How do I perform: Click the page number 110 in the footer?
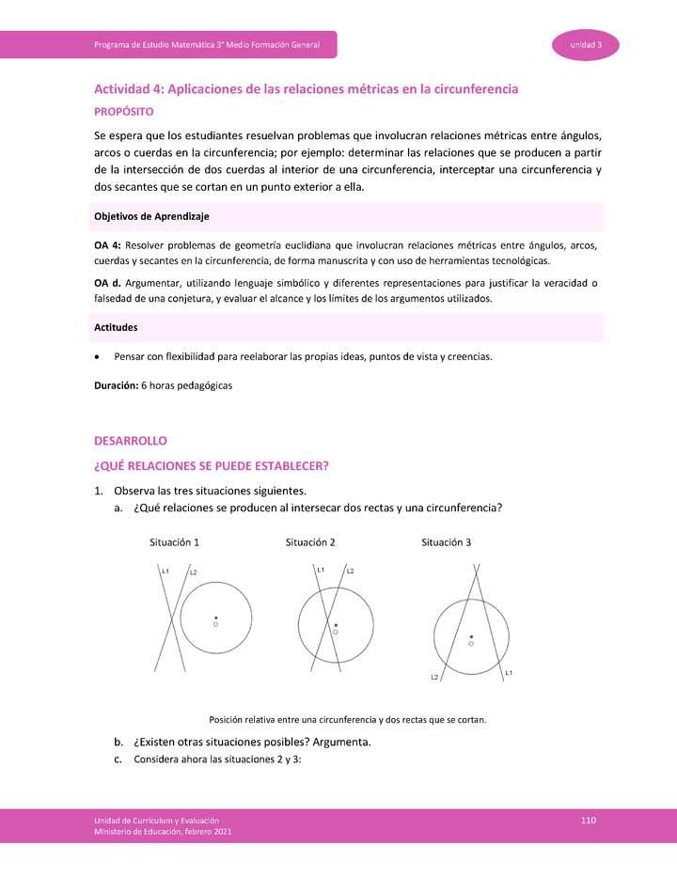(589, 821)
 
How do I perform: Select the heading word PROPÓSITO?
(124, 111)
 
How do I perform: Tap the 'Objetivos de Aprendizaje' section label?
(151, 216)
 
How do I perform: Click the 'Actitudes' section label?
(117, 327)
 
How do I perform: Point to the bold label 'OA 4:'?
(108, 245)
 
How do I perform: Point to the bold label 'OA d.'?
(108, 283)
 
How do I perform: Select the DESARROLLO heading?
(130, 440)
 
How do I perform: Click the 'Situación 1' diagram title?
(174, 542)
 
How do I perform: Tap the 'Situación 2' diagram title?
(310, 542)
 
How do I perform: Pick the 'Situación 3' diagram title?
(447, 542)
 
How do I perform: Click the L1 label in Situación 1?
(165, 571)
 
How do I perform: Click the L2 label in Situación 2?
(350, 571)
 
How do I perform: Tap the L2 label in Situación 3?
(435, 677)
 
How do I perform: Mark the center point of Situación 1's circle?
(215, 618)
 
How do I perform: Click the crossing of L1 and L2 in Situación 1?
(172, 619)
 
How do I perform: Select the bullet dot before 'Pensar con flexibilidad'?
(98, 357)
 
